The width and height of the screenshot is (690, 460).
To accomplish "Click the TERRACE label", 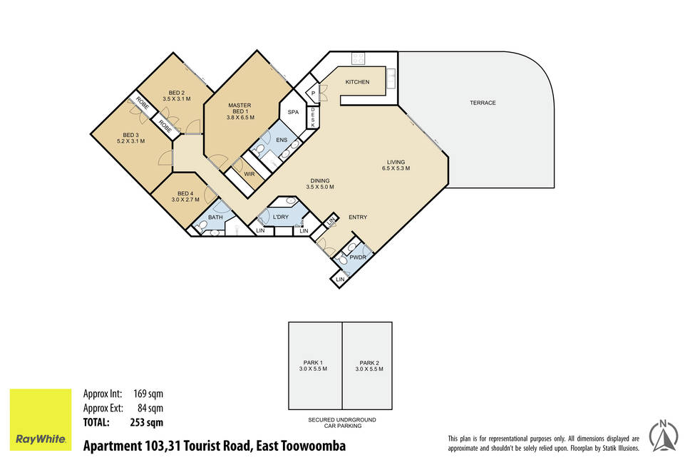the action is (x=483, y=103).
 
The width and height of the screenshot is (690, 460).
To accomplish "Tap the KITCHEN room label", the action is (x=357, y=82).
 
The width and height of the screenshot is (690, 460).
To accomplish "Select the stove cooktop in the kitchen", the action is (x=357, y=58).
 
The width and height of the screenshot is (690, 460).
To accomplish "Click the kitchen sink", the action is (x=391, y=78).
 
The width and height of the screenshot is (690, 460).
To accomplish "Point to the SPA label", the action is (x=293, y=112).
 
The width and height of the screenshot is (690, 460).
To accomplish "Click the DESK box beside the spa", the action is (x=313, y=118).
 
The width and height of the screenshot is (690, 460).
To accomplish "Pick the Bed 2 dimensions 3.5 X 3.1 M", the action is (x=177, y=99).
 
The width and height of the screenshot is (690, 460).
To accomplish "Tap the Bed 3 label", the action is (x=130, y=135).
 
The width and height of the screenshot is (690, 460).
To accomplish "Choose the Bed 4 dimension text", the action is (x=185, y=200).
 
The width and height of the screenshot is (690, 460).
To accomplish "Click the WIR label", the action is (x=249, y=174).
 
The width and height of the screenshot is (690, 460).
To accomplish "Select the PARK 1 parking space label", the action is (x=313, y=363).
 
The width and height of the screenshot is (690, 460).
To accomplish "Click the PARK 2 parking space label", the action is (x=369, y=363).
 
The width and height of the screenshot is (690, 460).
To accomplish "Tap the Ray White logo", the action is (x=41, y=419).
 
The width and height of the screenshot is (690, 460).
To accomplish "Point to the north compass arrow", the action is (x=663, y=436).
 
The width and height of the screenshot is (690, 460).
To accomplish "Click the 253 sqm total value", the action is (x=147, y=423).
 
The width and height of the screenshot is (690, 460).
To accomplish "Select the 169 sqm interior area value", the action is (x=148, y=394).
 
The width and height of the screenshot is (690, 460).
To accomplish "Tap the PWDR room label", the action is (x=358, y=257).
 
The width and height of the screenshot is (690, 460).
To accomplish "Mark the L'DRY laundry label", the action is (x=281, y=217).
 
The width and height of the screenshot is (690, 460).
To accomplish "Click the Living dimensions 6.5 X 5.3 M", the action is (x=396, y=168).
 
